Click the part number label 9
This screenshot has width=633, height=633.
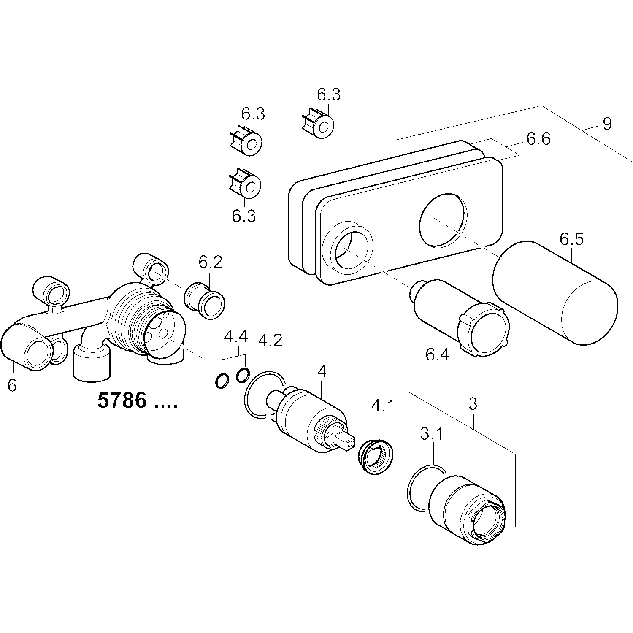click(x=607, y=124)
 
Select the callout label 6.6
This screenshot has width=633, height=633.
click(x=538, y=139)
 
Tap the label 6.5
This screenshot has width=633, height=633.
click(x=571, y=239)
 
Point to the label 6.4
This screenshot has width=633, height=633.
click(x=437, y=355)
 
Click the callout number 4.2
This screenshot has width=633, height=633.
click(x=270, y=340)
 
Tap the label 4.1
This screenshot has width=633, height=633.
click(x=382, y=406)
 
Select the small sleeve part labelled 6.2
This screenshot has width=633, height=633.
click(x=205, y=300)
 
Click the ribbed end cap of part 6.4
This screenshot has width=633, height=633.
click(x=485, y=327)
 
